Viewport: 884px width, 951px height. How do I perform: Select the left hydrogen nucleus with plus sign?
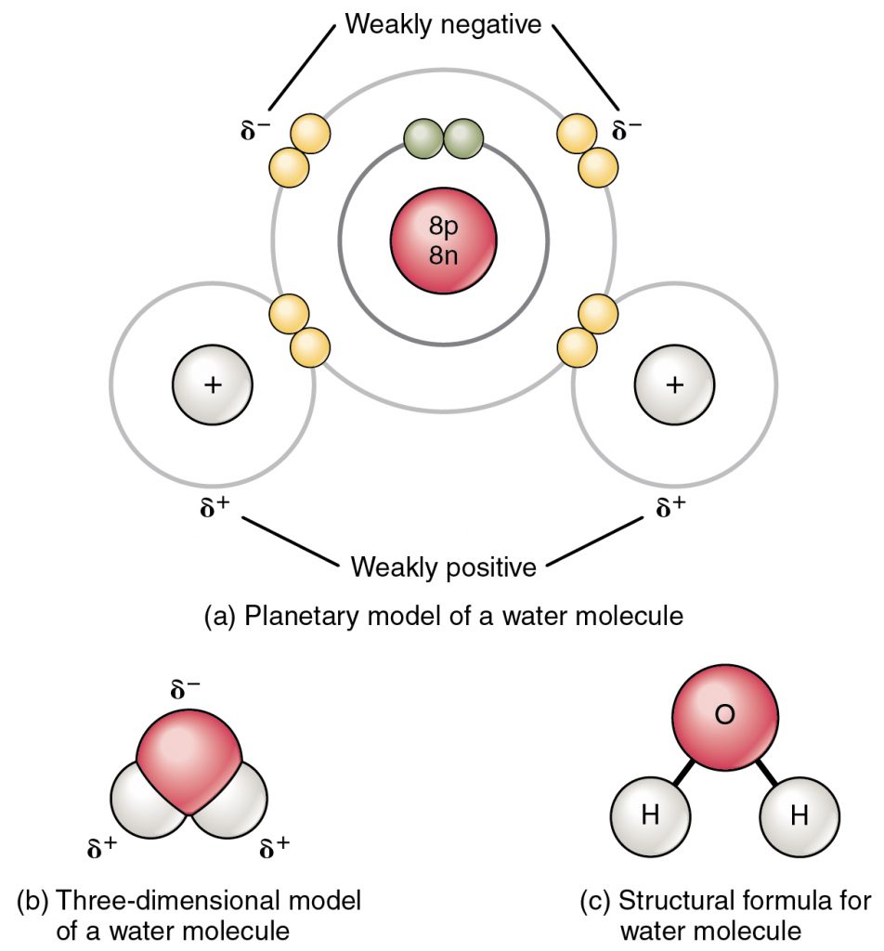pyautogui.click(x=213, y=384)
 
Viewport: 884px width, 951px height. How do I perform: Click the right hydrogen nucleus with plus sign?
pyautogui.click(x=673, y=384)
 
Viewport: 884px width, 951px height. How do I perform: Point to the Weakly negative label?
pyautogui.click(x=443, y=24)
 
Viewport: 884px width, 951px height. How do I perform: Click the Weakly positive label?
pyautogui.click(x=443, y=566)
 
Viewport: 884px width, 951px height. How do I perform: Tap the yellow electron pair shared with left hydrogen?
pyautogui.click(x=300, y=330)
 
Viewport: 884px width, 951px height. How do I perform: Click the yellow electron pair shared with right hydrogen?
pyautogui.click(x=586, y=330)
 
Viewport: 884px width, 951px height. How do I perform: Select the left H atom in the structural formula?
pyautogui.click(x=651, y=816)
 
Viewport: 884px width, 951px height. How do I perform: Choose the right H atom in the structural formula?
pyautogui.click(x=799, y=816)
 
